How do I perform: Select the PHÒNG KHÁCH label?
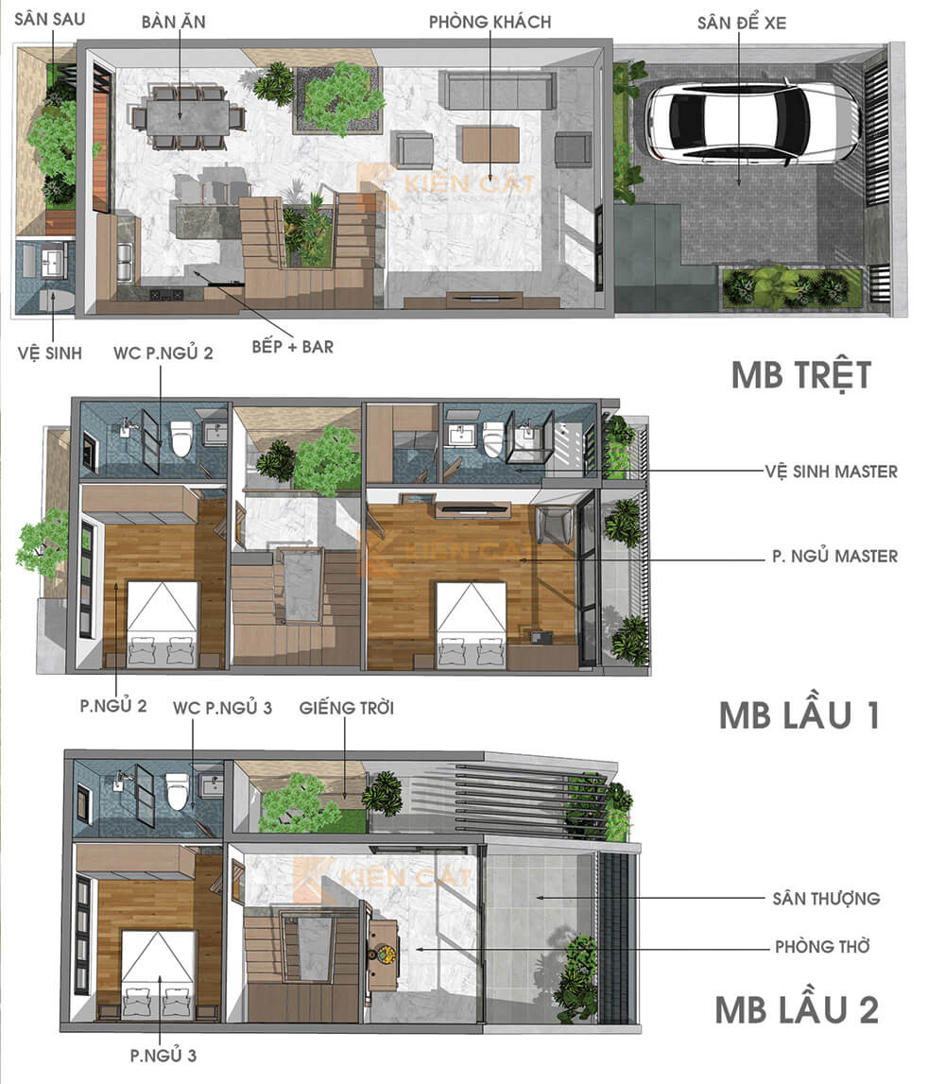(490, 22)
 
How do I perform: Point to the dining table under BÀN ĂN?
(185, 117)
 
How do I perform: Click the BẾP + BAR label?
(292, 347)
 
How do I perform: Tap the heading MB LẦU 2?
(797, 1009)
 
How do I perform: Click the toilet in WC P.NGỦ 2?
(181, 438)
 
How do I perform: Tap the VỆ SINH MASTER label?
(832, 471)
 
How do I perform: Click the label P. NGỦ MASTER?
(834, 557)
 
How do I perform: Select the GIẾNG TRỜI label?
(346, 707)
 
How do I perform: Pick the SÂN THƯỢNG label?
(826, 898)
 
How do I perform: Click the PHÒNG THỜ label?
(821, 946)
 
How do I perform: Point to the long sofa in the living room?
(499, 91)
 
